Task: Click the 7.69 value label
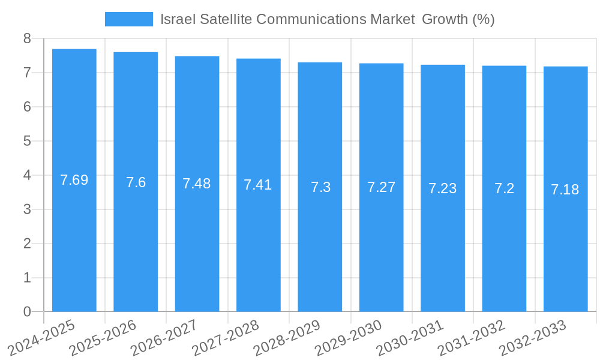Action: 74,180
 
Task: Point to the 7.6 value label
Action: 136,182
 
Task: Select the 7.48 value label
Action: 197,184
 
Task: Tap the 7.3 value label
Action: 320,187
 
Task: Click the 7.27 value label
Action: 382,187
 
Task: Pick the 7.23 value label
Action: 443,188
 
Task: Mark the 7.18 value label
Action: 565,190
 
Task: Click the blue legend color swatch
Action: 128,19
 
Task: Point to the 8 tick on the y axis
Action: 27,38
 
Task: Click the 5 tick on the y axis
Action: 27,141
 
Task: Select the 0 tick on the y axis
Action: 27,311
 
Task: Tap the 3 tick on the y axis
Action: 27,209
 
